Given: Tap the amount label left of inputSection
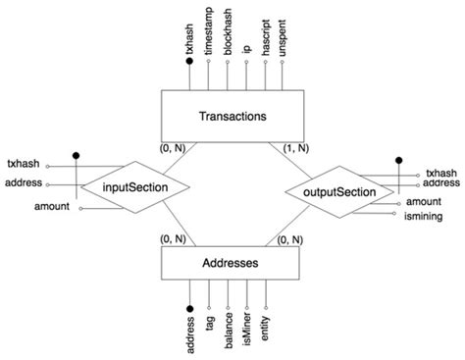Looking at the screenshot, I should (x=51, y=207).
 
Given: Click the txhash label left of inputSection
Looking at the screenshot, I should (x=24, y=164).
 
